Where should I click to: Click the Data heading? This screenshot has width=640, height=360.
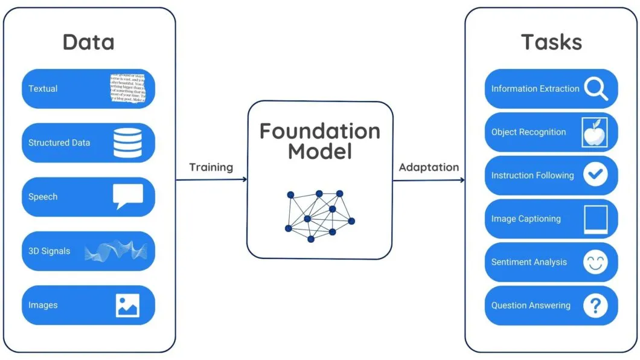coord(88,42)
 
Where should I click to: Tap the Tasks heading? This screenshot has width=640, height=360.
coord(551,42)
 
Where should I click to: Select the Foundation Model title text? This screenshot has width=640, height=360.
coord(319,141)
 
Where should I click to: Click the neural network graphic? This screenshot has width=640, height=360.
coord(319,215)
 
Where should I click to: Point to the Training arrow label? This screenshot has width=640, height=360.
coord(211,167)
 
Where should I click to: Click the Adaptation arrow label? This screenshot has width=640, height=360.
coord(429,167)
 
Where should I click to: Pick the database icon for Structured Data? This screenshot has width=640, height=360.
coord(127,143)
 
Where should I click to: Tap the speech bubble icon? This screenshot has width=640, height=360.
coord(127,196)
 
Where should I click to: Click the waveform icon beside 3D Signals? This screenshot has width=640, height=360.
coord(116,251)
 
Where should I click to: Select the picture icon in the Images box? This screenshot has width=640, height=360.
coord(127,305)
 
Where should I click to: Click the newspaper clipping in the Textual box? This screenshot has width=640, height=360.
coord(127,88)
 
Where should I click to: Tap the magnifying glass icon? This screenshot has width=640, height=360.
coord(596,89)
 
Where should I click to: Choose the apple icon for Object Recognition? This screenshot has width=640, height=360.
coord(595,132)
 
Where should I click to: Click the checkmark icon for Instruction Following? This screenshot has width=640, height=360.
coord(595,175)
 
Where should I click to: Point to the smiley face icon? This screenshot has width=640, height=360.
coord(595,262)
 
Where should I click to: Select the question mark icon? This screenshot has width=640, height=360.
coord(595,306)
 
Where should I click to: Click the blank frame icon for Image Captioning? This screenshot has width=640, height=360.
coord(595,219)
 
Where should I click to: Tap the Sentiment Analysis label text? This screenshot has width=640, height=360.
coord(529,262)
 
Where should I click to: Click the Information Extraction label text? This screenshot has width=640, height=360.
coord(535,89)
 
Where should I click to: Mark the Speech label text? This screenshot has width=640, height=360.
coord(43,197)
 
